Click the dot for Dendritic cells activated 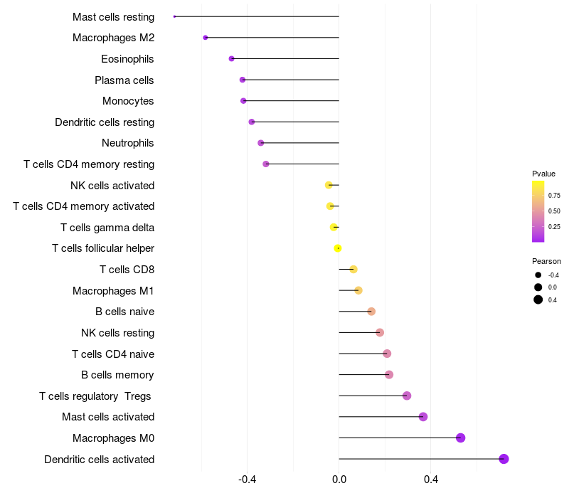(x=504, y=459)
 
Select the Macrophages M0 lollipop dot (x=460, y=438)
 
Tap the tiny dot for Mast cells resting (x=174, y=16)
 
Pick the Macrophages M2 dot (x=206, y=38)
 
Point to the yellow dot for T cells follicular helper (x=338, y=248)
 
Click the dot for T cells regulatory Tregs (x=407, y=396)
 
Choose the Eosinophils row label (x=127, y=59)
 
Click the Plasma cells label (x=124, y=80)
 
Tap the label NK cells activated (x=112, y=186)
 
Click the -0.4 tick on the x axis (x=247, y=480)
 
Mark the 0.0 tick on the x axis (x=339, y=480)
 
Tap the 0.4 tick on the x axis (x=431, y=480)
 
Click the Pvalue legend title (x=543, y=174)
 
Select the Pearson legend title (x=546, y=261)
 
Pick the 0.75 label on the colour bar (x=554, y=195)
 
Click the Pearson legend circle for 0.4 (x=538, y=300)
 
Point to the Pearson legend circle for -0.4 (x=538, y=275)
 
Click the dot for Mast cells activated (x=423, y=417)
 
